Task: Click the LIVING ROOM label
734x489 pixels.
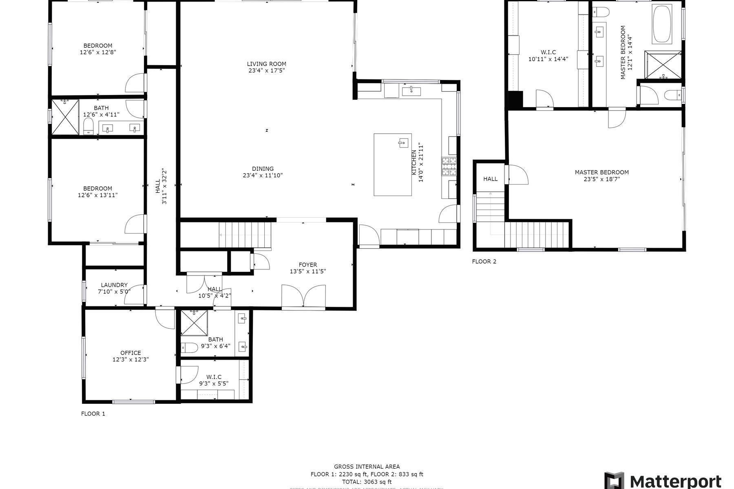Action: point(266,64)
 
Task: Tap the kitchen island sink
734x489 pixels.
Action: point(403,143)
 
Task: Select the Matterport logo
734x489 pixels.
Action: point(663,481)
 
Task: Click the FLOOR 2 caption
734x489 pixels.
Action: point(484,262)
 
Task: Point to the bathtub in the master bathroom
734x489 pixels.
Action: point(662,24)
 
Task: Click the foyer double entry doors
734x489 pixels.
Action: point(303,296)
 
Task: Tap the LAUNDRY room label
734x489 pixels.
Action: point(114,285)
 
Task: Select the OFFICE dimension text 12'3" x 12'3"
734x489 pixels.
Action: point(130,360)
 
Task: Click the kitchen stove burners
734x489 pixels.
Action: point(449,166)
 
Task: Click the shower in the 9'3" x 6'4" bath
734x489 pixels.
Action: point(194,323)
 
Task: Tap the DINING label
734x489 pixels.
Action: point(263,169)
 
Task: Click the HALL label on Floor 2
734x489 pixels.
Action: point(490,179)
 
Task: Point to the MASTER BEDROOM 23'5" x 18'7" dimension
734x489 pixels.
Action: point(601,179)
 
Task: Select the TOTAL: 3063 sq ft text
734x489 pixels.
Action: point(367,482)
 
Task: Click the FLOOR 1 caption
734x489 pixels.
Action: point(93,414)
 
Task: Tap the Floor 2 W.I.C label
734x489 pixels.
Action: point(548,52)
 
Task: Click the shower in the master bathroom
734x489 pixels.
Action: point(663,64)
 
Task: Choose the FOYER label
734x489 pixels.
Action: point(307,265)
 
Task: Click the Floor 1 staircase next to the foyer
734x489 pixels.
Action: point(245,235)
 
